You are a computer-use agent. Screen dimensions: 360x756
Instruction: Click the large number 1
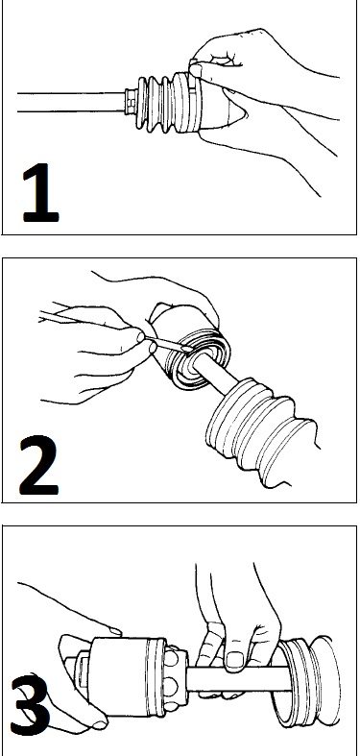pos(40,193)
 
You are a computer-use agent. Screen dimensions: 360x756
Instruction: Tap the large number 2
pos(38,466)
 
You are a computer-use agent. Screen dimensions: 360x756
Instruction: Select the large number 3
pos(30,705)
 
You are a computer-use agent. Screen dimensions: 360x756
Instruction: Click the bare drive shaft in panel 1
pos(71,102)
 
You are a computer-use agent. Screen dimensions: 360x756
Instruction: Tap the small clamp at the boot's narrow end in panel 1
pos(131,102)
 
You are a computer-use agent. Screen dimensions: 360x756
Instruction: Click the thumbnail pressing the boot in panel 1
pos(196,70)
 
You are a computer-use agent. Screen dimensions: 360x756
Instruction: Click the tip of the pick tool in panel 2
pos(188,348)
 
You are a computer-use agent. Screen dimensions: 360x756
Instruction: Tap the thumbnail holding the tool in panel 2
pos(141,337)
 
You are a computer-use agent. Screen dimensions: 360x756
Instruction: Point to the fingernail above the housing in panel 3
pos(115,631)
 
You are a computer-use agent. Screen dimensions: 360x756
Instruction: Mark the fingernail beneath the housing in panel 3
pos(100,724)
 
